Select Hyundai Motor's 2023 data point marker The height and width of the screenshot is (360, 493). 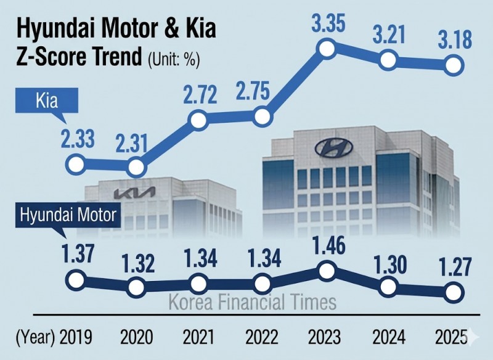tap(327, 270)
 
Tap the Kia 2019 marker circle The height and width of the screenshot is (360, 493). tap(75, 165)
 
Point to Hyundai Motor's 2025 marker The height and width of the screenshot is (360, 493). tap(454, 291)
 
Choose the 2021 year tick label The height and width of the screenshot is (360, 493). tap(198, 337)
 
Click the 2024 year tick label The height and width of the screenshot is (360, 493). tap(389, 337)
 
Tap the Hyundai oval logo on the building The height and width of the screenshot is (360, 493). tap(333, 148)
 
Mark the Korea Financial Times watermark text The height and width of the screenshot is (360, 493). tap(253, 303)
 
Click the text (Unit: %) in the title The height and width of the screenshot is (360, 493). tap(175, 60)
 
